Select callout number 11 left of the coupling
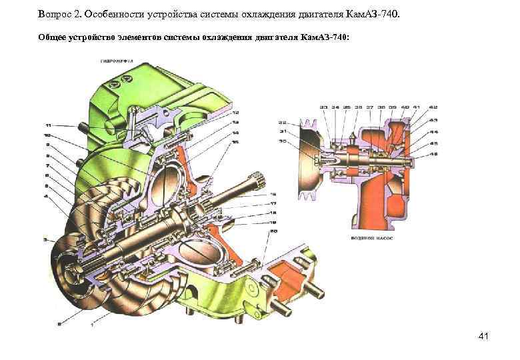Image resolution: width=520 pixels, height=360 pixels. (x=48, y=125)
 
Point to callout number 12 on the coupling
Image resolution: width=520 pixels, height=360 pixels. (x=236, y=113)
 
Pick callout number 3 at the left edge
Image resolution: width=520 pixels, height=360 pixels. (x=45, y=238)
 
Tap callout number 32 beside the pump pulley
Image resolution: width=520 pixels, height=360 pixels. (x=282, y=123)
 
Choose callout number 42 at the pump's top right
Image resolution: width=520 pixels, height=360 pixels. (x=434, y=107)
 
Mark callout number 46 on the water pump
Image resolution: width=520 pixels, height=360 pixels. (x=434, y=154)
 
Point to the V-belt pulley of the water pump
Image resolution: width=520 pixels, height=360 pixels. (x=306, y=159)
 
